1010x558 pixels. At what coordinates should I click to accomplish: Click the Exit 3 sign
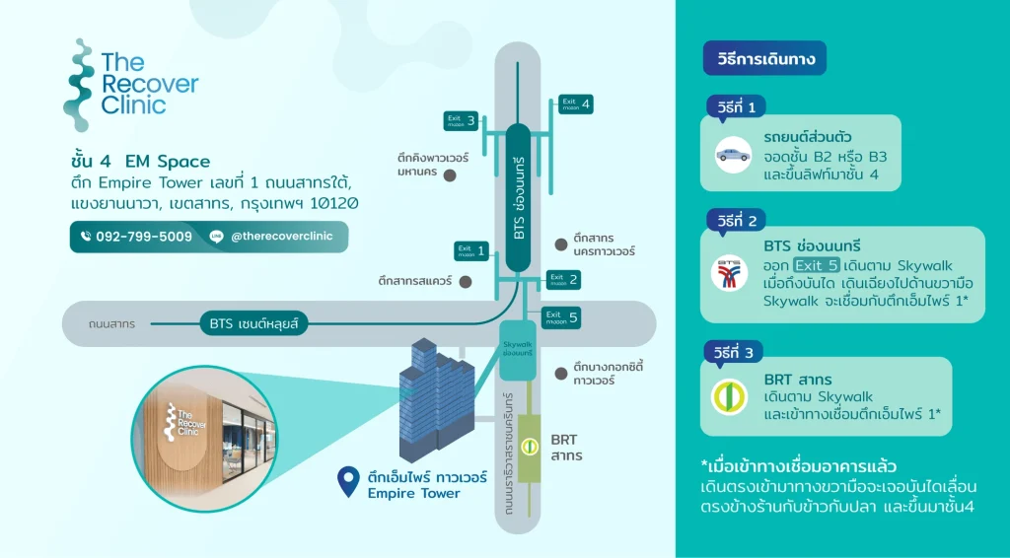461,121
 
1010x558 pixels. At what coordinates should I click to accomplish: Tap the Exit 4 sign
576,104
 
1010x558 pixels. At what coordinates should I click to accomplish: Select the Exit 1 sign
471,250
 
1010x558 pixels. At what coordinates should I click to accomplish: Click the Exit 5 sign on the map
564,318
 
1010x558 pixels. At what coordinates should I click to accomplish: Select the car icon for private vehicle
733,154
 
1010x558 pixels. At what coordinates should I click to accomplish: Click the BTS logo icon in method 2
730,273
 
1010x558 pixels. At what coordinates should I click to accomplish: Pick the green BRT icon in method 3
730,396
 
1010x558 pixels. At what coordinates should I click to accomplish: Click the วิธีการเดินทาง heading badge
764,58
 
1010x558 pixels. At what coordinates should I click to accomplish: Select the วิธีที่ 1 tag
737,106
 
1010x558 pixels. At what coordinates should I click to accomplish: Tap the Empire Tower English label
413,493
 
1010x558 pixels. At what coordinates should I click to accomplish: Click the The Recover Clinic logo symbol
79,85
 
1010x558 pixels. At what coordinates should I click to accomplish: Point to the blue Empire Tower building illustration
431,394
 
